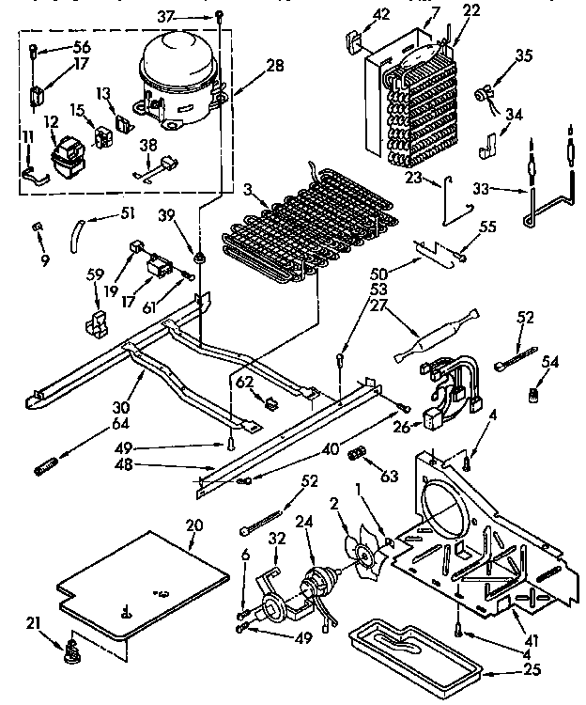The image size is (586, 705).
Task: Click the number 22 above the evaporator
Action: [471, 10]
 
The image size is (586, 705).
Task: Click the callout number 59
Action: [94, 275]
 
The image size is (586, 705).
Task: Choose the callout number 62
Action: [244, 383]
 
